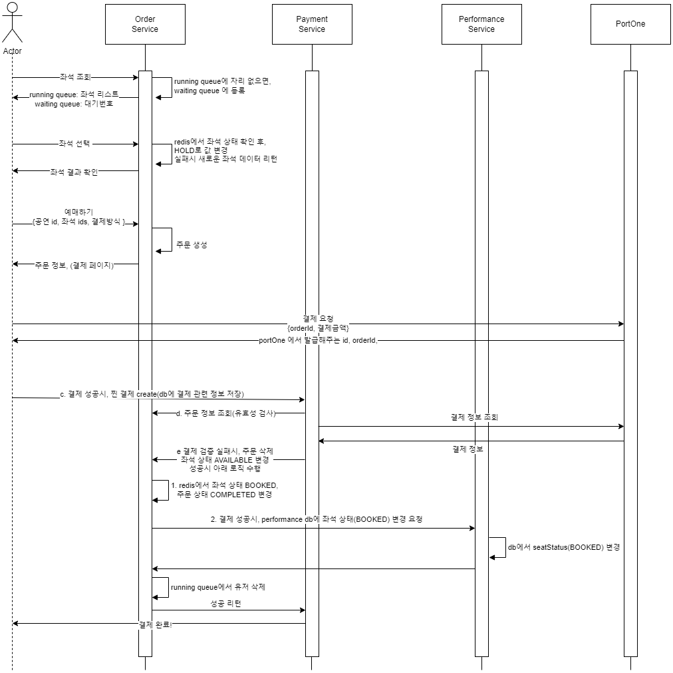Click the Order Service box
click(x=145, y=25)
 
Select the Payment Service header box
click(x=311, y=25)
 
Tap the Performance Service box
click(x=481, y=25)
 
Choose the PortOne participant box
click(x=630, y=25)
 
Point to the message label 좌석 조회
click(x=74, y=77)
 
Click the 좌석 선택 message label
click(x=74, y=144)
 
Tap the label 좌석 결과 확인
click(x=74, y=171)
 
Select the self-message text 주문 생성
click(x=192, y=245)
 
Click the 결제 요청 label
click(x=318, y=318)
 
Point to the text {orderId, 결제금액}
click(x=318, y=328)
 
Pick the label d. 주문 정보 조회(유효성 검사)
click(x=225, y=413)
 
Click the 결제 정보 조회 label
click(x=474, y=417)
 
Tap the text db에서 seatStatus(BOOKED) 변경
click(x=564, y=547)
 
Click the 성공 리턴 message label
click(x=225, y=603)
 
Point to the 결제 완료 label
click(x=154, y=624)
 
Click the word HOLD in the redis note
click(x=184, y=150)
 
